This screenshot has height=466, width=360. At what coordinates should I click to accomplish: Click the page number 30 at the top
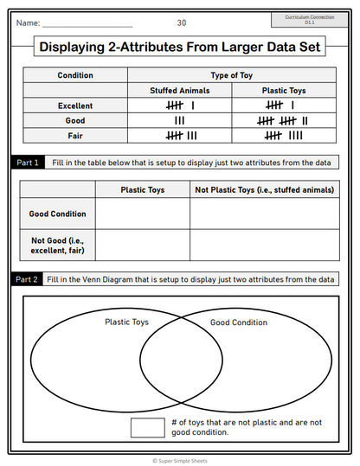(181, 22)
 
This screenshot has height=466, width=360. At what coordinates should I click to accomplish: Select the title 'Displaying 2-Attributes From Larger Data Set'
(180, 48)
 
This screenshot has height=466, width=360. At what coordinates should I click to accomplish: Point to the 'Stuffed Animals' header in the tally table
(179, 91)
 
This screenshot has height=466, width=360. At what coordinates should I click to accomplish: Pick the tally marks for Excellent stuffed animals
(179, 105)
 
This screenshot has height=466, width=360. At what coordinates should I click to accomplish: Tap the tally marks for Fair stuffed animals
(181, 135)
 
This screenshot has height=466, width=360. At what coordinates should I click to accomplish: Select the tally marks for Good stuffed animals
(179, 120)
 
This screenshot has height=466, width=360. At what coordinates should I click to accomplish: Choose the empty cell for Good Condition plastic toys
(143, 213)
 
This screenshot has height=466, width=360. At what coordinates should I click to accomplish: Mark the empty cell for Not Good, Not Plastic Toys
(264, 244)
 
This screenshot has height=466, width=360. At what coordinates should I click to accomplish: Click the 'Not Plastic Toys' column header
(264, 189)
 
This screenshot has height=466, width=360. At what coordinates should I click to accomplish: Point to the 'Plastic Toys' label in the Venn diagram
(127, 322)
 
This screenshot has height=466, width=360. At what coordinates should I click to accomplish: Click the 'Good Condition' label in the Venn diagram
(239, 322)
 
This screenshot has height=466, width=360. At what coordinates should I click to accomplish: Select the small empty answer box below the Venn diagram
(147, 427)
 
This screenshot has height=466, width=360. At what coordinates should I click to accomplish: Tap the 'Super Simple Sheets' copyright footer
(180, 461)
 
